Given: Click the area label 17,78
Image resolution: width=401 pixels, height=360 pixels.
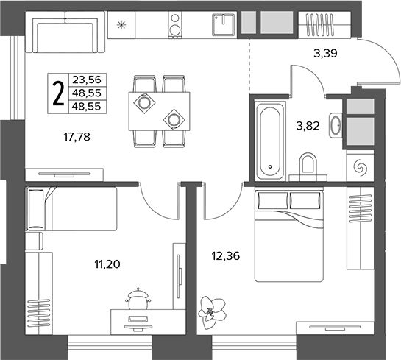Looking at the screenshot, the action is coord(77,137).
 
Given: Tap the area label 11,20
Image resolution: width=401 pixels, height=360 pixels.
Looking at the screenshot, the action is coord(107,264).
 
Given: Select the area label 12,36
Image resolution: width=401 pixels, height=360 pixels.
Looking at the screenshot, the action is coord(226,255).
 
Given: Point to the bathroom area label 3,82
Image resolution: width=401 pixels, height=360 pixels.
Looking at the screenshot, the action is coord(308,126).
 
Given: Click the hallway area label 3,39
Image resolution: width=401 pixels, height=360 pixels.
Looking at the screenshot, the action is coord(325,54).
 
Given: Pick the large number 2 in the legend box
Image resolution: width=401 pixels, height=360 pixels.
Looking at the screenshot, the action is coord(58,93).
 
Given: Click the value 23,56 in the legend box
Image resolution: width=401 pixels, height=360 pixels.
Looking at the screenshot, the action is coord(87,80).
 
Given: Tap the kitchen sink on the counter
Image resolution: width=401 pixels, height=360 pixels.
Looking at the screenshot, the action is coord(223,24).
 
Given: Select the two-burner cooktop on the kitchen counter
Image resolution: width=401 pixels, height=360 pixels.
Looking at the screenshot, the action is coord(175,25).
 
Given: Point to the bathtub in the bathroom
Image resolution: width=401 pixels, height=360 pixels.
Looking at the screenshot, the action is coord(270,140).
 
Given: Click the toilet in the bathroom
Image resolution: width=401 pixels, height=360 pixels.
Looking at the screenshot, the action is coord(308,166).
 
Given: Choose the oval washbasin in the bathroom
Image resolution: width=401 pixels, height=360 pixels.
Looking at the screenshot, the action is coord(336,125).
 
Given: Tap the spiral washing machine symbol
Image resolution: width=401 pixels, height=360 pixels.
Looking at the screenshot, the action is coord(360,168).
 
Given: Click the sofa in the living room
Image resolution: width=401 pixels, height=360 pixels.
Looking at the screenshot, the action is coord(65,32).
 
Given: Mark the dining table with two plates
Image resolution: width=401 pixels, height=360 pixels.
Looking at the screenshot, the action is coord(160,111).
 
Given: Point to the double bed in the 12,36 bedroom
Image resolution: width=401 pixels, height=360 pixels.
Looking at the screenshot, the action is coord(289,236).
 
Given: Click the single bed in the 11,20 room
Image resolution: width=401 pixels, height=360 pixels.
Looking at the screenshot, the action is coord(71,209).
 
